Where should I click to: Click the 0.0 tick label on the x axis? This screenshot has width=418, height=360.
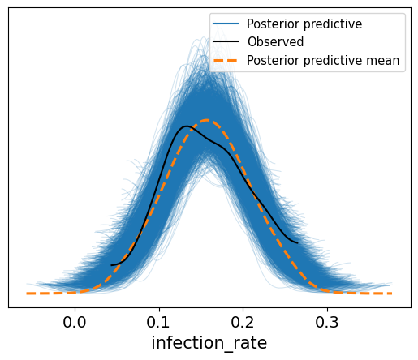(75, 322)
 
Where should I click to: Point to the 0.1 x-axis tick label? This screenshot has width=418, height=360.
(158, 322)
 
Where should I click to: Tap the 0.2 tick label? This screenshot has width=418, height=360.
(243, 322)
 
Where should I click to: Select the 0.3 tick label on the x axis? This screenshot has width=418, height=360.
(327, 322)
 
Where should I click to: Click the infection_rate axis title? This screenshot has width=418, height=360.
(209, 343)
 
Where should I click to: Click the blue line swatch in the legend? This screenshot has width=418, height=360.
(226, 24)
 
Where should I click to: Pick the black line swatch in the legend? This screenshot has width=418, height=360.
(226, 41)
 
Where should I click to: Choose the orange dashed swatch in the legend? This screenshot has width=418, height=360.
(226, 60)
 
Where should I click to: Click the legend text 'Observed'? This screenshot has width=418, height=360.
(275, 42)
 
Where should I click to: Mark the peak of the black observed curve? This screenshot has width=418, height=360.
(186, 126)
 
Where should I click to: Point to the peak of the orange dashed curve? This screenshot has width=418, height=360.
(207, 120)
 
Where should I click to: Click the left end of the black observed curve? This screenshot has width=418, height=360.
(111, 265)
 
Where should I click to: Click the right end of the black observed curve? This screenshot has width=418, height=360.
(298, 243)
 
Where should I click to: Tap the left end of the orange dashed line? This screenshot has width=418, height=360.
(27, 294)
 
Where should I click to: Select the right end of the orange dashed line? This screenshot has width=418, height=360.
(392, 294)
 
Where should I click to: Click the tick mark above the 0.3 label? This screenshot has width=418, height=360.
(327, 310)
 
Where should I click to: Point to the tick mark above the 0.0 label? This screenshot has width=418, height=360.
(75, 310)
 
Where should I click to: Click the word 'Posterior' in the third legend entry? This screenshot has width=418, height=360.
(274, 60)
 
